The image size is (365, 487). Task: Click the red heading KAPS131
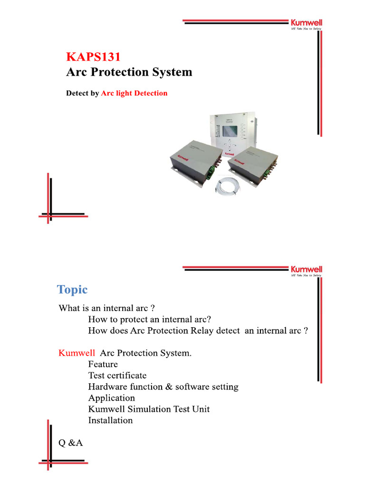93,57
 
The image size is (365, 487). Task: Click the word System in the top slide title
172,72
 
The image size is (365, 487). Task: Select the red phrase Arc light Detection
134,93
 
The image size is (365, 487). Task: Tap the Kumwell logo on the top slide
306,23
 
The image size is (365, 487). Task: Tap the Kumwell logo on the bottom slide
306,269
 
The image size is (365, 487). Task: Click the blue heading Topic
72,290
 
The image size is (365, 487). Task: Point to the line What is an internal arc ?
107,308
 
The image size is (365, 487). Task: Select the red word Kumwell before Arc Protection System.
77,353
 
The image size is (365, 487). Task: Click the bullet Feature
103,364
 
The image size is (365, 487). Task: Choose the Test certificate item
117,376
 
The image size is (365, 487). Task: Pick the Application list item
112,398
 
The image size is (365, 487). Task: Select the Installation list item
110,420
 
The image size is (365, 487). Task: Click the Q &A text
70,443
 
